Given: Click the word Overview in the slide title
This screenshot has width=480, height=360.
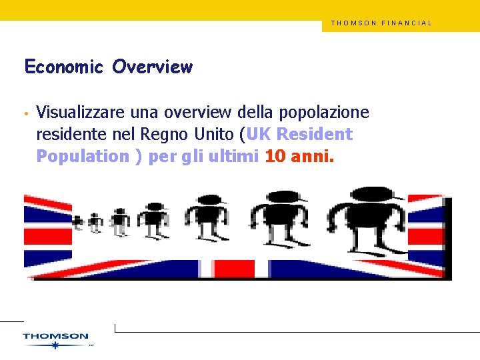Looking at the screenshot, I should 153,67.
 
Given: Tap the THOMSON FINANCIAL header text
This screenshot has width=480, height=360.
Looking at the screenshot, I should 381,23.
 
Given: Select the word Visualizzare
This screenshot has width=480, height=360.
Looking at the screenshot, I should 80,113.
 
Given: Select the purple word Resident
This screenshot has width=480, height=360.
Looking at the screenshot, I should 314,135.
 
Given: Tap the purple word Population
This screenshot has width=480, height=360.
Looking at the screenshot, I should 83,157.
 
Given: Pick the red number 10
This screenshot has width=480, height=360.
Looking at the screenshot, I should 275,157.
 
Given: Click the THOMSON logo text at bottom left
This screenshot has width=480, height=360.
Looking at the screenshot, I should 55,336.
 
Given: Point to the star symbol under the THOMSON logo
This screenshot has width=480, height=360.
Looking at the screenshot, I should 55,345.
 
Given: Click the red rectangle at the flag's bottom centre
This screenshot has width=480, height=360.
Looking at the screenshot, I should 242,269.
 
